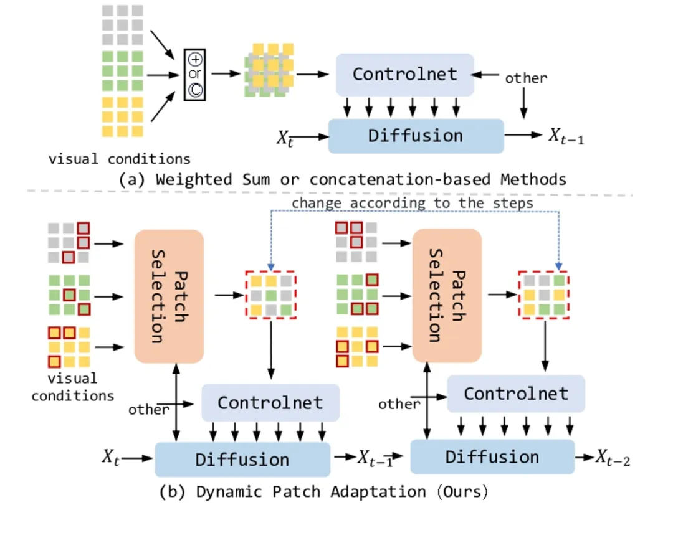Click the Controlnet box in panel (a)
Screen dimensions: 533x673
click(405, 75)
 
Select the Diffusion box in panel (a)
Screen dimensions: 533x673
click(416, 136)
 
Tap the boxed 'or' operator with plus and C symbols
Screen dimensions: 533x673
click(194, 75)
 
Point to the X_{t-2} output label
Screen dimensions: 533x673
click(612, 459)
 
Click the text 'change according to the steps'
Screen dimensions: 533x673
click(413, 203)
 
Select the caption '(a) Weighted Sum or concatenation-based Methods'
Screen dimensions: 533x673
click(342, 179)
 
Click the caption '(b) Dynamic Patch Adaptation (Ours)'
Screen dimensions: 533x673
click(323, 491)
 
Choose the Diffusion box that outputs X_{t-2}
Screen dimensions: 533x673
click(492, 458)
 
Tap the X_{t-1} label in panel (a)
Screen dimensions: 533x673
click(566, 136)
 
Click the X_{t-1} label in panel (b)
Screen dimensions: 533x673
click(375, 458)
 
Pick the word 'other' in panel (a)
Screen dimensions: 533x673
click(526, 78)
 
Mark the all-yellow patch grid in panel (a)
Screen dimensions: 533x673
click(122, 116)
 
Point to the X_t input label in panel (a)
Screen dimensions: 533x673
click(284, 137)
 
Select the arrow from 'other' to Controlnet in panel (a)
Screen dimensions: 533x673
click(487, 75)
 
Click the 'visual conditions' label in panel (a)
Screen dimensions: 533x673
click(120, 158)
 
